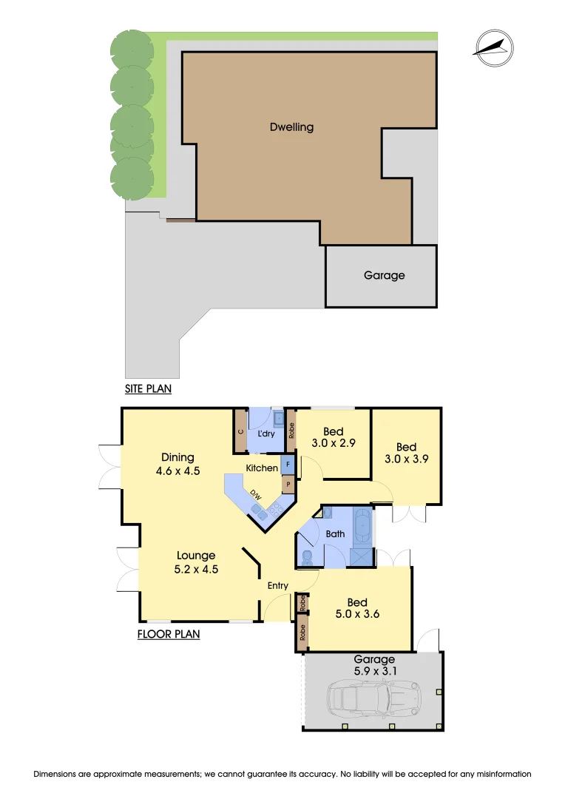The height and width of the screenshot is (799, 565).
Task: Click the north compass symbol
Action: [x=493, y=46]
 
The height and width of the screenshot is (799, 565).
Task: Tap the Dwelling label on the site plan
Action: [x=291, y=127]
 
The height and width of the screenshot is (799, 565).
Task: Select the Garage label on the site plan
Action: [x=384, y=275]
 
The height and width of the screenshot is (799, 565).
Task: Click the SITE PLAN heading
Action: [x=148, y=388]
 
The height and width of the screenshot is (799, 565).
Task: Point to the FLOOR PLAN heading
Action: [x=169, y=634]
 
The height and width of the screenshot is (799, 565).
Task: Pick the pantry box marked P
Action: [x=288, y=486]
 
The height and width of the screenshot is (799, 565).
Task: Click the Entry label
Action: [x=278, y=586]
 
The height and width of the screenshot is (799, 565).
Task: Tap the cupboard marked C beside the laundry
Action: [x=241, y=431]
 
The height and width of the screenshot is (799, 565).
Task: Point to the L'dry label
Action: [x=266, y=434]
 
